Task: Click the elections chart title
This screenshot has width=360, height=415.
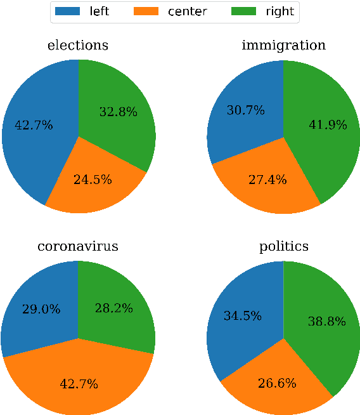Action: click(x=78, y=46)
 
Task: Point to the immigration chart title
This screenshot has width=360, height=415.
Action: click(x=283, y=46)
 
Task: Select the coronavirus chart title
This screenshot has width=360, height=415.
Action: click(x=78, y=246)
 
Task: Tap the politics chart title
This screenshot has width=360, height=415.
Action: click(x=283, y=246)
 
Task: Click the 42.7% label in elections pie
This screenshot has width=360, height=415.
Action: click(x=34, y=125)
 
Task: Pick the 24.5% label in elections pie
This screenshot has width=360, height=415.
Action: click(x=93, y=180)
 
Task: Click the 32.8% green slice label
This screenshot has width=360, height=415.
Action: click(x=118, y=112)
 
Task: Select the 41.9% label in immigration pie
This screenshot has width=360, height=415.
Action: click(x=328, y=125)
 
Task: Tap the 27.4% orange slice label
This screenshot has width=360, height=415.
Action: click(x=267, y=180)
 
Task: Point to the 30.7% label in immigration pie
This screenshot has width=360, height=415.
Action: click(x=245, y=110)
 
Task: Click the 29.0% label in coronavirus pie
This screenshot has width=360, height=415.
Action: click(x=41, y=310)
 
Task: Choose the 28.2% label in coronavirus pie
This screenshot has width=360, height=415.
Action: click(x=113, y=309)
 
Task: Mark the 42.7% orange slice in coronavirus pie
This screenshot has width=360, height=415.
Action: click(x=79, y=384)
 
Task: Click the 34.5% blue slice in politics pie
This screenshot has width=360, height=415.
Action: click(x=243, y=315)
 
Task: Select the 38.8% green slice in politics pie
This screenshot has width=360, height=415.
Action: click(x=326, y=322)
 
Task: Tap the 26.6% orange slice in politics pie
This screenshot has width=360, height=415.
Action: click(x=276, y=383)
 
